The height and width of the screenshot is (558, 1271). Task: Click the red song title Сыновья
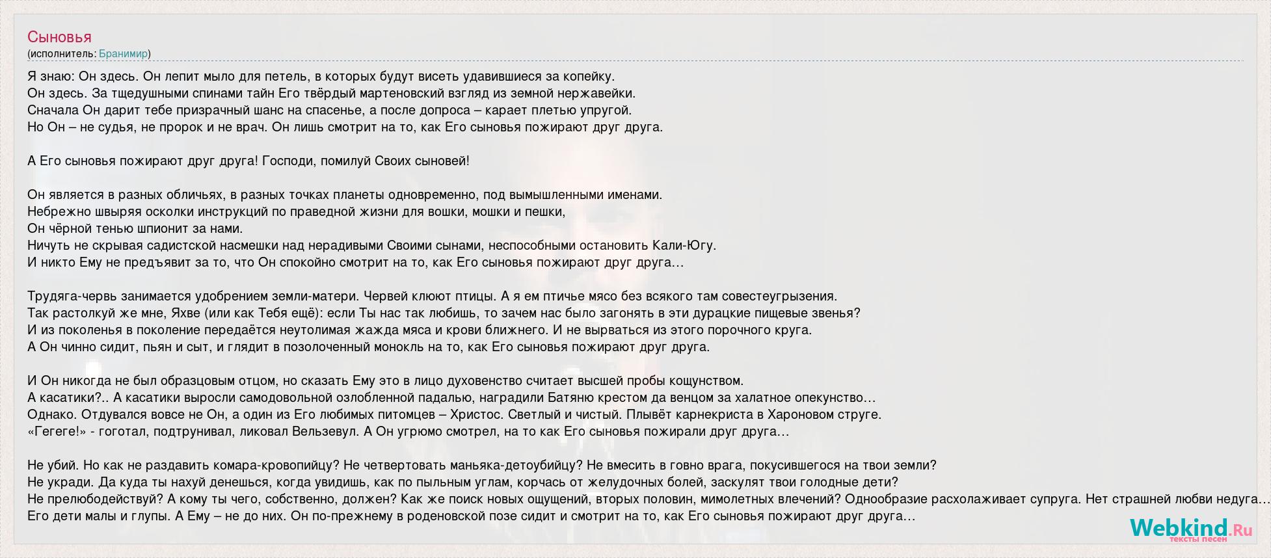(x=59, y=37)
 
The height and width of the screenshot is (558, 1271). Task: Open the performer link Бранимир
(x=123, y=54)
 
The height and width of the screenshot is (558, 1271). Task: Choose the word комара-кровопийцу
(x=276, y=465)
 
